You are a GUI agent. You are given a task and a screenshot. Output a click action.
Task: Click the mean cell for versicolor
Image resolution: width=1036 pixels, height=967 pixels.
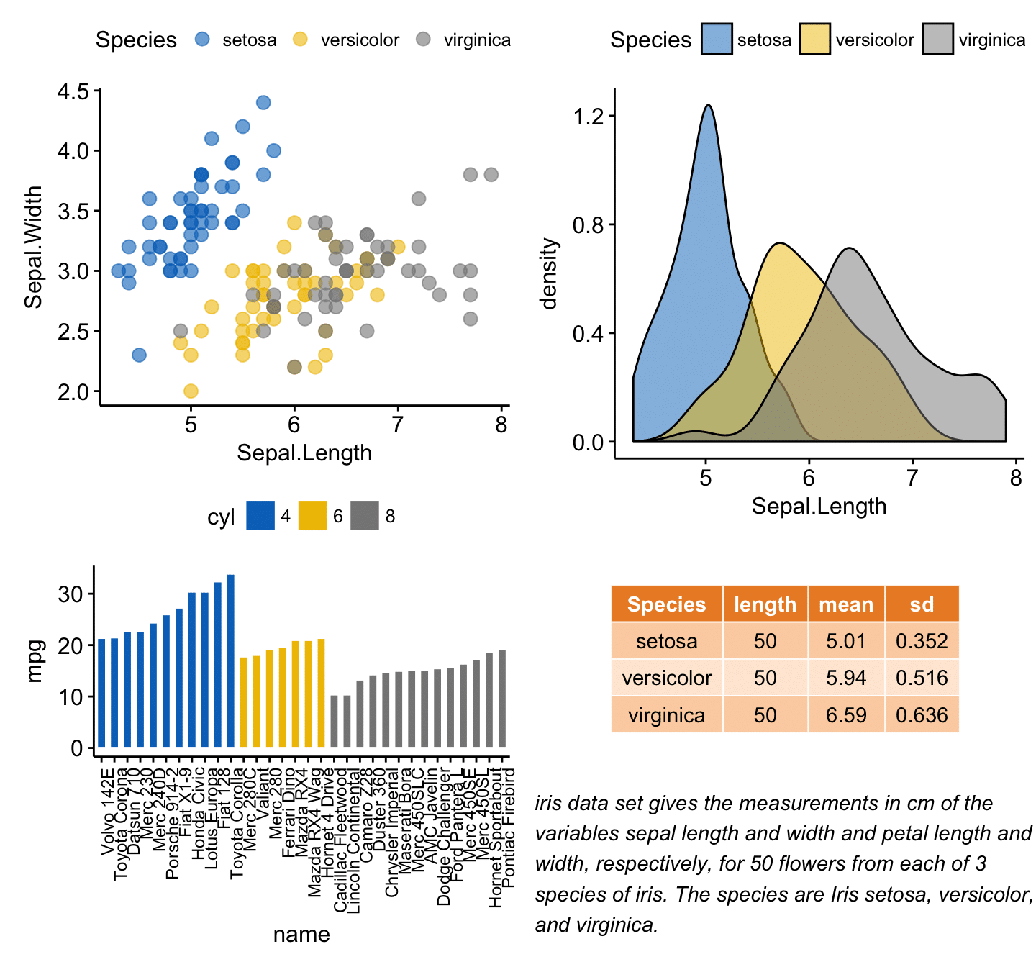[x=846, y=678]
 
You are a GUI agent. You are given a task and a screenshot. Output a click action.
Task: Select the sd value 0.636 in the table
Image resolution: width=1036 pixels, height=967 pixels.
[x=922, y=715]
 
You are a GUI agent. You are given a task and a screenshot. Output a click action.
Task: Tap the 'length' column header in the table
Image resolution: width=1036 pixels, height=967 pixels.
[x=765, y=604]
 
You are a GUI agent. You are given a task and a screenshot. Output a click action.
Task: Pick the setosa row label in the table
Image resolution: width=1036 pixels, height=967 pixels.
[x=666, y=641]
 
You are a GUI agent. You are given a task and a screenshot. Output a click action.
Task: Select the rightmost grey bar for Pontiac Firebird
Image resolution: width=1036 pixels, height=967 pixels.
[x=502, y=698]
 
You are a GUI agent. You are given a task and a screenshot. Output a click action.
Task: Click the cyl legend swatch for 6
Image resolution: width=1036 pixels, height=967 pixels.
[x=312, y=516]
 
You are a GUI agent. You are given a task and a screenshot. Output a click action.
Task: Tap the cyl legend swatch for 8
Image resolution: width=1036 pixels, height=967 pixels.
[x=365, y=516]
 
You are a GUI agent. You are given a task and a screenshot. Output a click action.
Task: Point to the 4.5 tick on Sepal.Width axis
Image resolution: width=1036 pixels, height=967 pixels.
[x=74, y=92]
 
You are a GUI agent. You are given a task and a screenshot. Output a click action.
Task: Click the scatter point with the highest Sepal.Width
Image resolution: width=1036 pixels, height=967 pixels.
[x=263, y=103]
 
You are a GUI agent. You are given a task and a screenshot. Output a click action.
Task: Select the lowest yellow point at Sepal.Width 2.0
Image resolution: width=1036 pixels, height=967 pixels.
[x=191, y=391]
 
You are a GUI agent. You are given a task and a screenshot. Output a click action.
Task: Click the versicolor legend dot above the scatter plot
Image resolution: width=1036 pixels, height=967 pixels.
[x=301, y=40]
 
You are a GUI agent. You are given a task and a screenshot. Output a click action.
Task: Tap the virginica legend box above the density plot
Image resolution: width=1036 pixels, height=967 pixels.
[x=937, y=40]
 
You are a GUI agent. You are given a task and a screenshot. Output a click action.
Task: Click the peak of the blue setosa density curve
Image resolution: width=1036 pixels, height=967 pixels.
[x=709, y=106]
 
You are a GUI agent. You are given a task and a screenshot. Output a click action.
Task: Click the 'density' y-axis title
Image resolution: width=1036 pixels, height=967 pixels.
[x=550, y=274]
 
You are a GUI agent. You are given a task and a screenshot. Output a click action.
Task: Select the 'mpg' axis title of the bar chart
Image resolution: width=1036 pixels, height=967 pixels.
[x=35, y=660]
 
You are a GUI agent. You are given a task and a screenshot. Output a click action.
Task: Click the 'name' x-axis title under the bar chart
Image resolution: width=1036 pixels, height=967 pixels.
[x=301, y=934]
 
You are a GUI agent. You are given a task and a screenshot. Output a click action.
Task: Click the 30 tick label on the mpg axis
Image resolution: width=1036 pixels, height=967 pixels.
[x=71, y=594]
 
